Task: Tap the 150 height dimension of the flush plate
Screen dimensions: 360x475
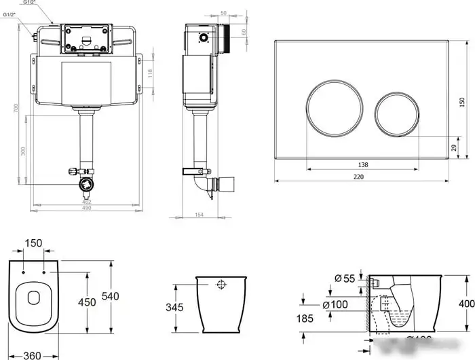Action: point(463,103)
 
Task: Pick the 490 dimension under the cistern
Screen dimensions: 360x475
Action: point(87,208)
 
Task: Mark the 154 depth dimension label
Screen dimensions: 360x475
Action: point(199,215)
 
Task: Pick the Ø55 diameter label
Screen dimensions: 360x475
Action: point(345,278)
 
